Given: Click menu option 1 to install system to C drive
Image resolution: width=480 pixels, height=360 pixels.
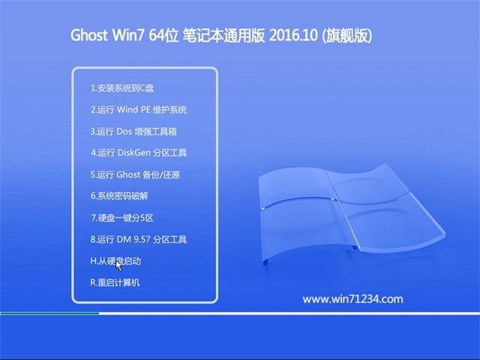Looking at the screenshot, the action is point(122,88).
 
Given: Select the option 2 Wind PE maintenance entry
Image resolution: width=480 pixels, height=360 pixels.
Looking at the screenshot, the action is point(138,109).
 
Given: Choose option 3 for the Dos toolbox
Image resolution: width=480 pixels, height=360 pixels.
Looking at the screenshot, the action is point(133,131).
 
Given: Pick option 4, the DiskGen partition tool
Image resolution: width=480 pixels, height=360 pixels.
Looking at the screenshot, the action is point(139,153).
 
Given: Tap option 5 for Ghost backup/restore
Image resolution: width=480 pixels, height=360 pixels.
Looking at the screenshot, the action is point(135,175).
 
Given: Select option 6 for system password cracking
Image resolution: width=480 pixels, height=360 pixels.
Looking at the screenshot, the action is point(119,196).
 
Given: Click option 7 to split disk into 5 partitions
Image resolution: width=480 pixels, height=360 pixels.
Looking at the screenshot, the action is point(121,217).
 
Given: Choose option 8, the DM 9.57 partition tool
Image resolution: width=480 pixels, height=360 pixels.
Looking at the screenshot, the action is point(138,239).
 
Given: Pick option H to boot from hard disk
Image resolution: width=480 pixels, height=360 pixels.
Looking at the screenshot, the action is point(115,261).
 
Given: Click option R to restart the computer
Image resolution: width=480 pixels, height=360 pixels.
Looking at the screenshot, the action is point(115,282).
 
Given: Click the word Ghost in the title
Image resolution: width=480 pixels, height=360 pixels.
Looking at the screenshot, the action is point(89,35).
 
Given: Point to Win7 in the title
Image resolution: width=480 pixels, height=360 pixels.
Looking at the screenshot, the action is point(128,35).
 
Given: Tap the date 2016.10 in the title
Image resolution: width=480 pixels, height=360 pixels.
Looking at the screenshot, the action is point(293,35).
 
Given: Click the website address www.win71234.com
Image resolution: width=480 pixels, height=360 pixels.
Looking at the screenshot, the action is point(352,299).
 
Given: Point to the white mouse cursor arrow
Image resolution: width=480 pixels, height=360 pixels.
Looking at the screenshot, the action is point(118,265).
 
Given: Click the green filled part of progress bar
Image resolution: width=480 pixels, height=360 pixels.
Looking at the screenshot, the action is point(49,313).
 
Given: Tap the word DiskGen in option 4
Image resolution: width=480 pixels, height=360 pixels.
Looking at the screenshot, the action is point(133,153).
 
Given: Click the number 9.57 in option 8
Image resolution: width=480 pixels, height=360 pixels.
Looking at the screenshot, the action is point(142,239).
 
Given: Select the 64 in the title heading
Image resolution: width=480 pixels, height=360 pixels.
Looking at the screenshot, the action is point(155,35).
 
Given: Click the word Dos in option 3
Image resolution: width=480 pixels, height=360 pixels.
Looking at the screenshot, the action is point(124,131).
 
